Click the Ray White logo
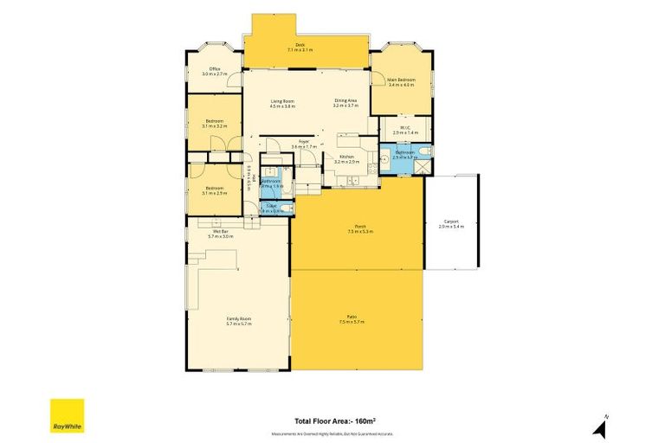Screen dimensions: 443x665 [x=67, y=416]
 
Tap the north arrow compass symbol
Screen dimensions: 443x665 [x=599, y=426]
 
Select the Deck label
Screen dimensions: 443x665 [x=300, y=48]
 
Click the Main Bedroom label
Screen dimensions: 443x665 [x=402, y=82]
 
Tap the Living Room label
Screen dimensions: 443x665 [x=282, y=104]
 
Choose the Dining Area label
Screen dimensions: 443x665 [x=346, y=104]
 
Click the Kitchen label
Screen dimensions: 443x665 [x=347, y=159]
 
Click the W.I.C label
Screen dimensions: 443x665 [x=405, y=131]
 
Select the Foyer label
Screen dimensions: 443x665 [x=305, y=144]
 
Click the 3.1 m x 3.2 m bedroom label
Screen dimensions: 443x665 [x=215, y=124]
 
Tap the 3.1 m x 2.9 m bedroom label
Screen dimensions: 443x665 [x=215, y=190]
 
